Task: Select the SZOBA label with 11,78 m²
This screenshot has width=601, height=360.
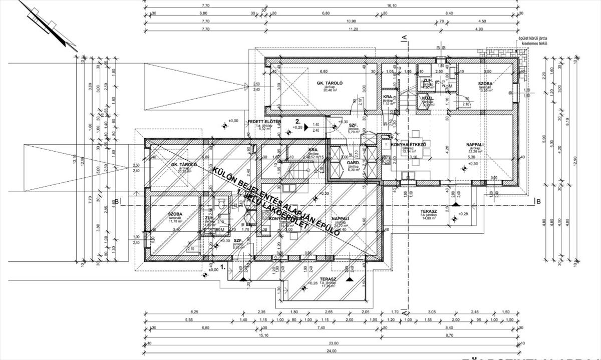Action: (175, 215)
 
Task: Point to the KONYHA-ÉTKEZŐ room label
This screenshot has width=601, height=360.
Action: (408, 144)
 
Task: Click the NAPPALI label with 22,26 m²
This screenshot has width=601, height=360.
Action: (474, 145)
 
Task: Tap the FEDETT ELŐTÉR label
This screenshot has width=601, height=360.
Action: (264, 122)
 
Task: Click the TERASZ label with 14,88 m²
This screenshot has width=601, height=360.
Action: (429, 212)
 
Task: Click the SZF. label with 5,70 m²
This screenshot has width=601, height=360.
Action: (353, 125)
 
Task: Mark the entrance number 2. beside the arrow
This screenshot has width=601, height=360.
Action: (297, 122)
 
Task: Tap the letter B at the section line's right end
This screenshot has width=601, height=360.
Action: (538, 202)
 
